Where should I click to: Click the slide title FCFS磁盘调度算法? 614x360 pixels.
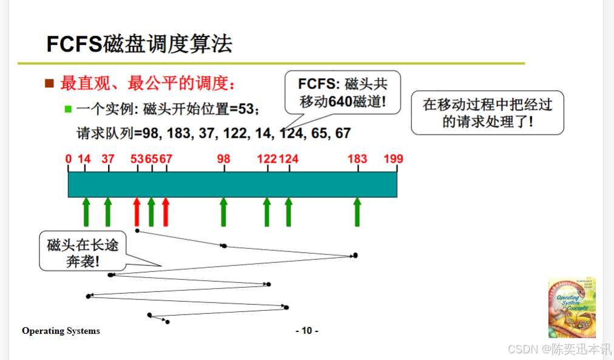[x=140, y=44]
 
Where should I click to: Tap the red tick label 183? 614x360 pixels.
[x=357, y=159]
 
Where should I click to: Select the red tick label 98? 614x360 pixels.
[x=224, y=159]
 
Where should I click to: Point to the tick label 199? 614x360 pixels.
[x=393, y=159]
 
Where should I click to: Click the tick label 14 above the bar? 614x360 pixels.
[x=84, y=159]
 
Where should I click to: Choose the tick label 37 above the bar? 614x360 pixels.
[x=108, y=159]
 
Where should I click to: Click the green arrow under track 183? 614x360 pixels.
[x=357, y=211]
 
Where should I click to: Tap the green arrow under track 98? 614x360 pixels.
[x=224, y=211]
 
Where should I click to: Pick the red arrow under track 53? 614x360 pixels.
[x=137, y=211]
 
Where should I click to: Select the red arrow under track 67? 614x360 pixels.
[x=166, y=211]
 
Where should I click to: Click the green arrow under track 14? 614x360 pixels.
[x=86, y=211]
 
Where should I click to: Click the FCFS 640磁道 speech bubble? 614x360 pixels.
[x=343, y=92]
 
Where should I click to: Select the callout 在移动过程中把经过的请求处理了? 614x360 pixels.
[x=487, y=112]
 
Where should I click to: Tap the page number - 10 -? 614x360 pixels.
[x=306, y=331]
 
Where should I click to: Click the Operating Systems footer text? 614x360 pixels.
[x=61, y=331]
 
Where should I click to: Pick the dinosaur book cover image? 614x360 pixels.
[x=572, y=307]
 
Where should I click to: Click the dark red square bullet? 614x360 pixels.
[x=50, y=83]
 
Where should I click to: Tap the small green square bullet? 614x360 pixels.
[x=68, y=109]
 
